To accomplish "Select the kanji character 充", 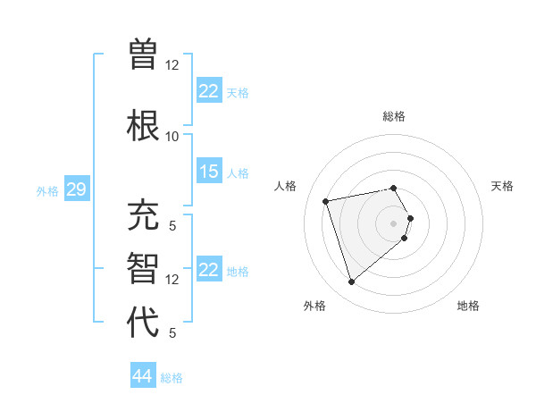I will pos(144,216).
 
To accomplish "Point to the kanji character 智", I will pos(144,269).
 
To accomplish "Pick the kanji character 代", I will pos(144,322).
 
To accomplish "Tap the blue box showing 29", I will pos(76,189).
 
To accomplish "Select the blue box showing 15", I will pos(209,172).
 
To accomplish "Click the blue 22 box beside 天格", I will pos(209,91).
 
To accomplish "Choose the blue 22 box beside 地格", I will pos(209,270).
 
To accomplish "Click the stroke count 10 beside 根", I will pos(172,136).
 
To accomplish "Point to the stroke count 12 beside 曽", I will pos(172,64).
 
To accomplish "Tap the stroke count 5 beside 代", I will pos(172,332).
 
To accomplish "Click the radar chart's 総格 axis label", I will pos(394,116).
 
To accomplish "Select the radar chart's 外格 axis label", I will pos(314,306).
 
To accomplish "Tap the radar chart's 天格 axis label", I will pos(502,186).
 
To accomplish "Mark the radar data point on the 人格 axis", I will pos(326,200).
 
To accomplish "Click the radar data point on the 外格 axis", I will pos(351,282).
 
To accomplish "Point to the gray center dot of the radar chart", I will pos(393,223).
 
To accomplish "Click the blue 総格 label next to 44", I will pos(172,378).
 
